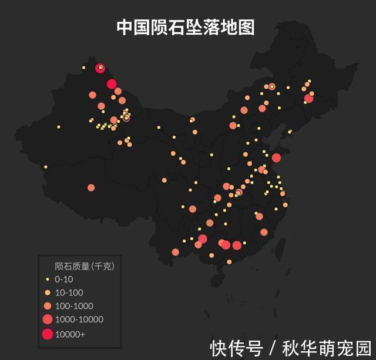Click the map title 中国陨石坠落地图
[186, 28]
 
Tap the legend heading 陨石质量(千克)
[84, 266]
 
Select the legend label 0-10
[64, 280]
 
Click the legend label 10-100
[69, 292]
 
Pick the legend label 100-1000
[73, 306]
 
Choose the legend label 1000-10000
[79, 319]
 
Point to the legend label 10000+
[69, 334]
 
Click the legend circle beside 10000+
[48, 334]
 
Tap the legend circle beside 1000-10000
[48, 319]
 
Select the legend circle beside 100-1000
[48, 306]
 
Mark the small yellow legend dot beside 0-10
[48, 280]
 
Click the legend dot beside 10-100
[48, 292]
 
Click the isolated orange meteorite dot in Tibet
[91, 188]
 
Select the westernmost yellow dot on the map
[45, 167]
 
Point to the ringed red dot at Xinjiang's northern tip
[100, 68]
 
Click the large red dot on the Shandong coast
[276, 157]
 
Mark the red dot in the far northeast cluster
[309, 99]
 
